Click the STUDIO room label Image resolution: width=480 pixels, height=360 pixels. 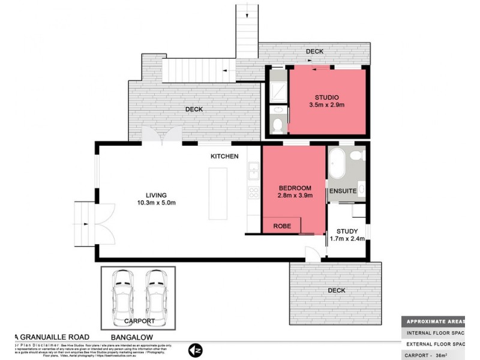pyautogui.click(x=327, y=97)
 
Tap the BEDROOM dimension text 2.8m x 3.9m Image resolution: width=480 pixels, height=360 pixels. pyautogui.click(x=295, y=195)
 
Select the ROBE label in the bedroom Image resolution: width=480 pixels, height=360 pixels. pyautogui.click(x=282, y=226)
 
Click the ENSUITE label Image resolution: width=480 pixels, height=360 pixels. pyautogui.click(x=343, y=191)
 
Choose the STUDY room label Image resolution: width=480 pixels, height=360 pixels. pyautogui.click(x=347, y=230)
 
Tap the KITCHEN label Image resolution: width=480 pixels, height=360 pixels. pyautogui.click(x=224, y=157)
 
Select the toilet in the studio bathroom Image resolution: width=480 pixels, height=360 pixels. pyautogui.click(x=277, y=124)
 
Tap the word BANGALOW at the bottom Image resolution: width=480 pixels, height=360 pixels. pyautogui.click(x=135, y=338)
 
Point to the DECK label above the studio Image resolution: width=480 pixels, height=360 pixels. pyautogui.click(x=314, y=52)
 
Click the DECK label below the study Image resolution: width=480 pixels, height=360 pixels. pyautogui.click(x=336, y=290)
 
